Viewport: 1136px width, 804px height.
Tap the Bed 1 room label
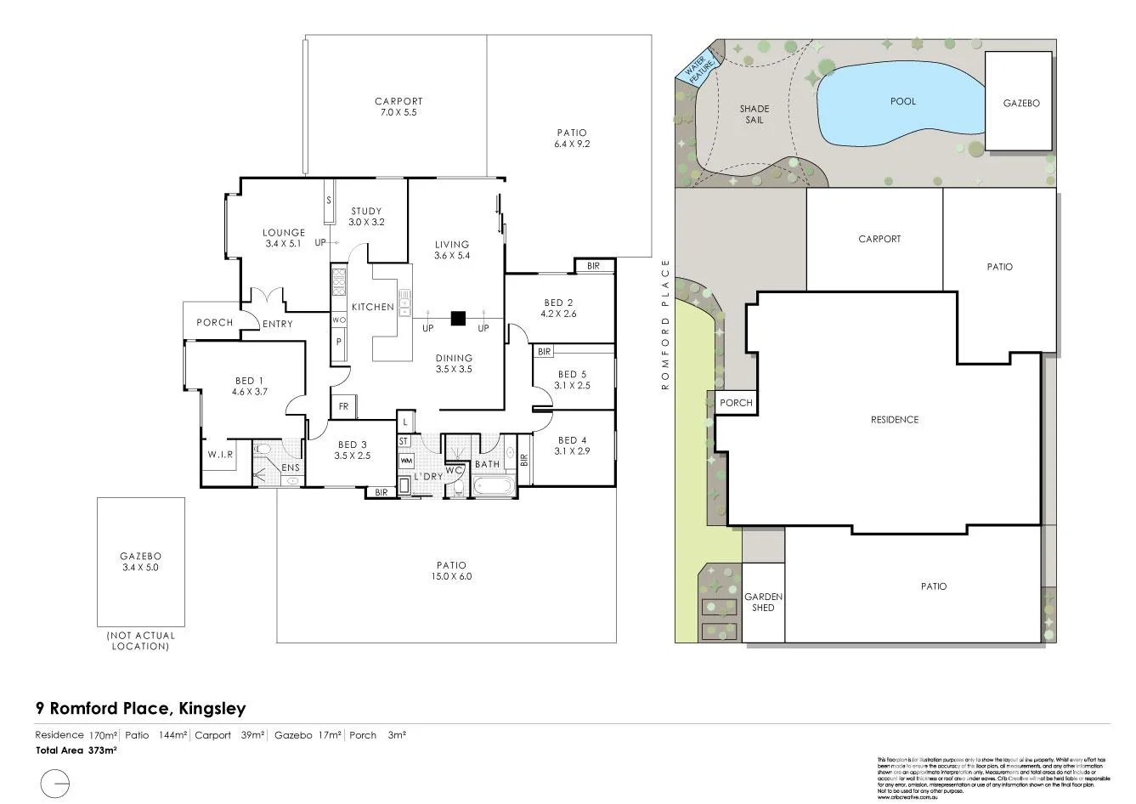tap(249, 387)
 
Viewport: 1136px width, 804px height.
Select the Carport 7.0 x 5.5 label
tap(398, 106)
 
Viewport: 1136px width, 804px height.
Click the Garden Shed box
tap(763, 602)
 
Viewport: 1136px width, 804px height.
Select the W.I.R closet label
tap(220, 456)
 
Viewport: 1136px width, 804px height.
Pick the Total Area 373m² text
tap(76, 750)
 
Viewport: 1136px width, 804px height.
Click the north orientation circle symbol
tap(55, 781)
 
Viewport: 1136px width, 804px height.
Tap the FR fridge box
tap(343, 407)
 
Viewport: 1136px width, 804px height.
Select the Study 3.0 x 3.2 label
tap(366, 217)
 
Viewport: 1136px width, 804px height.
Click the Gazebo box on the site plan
tap(1020, 103)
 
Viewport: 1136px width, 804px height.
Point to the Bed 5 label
tap(572, 379)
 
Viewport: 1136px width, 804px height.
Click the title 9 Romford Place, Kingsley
tap(140, 708)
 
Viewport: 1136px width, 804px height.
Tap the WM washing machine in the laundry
tap(405, 461)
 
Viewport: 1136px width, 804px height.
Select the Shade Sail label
tap(754, 114)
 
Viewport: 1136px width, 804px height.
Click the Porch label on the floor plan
tap(214, 323)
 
